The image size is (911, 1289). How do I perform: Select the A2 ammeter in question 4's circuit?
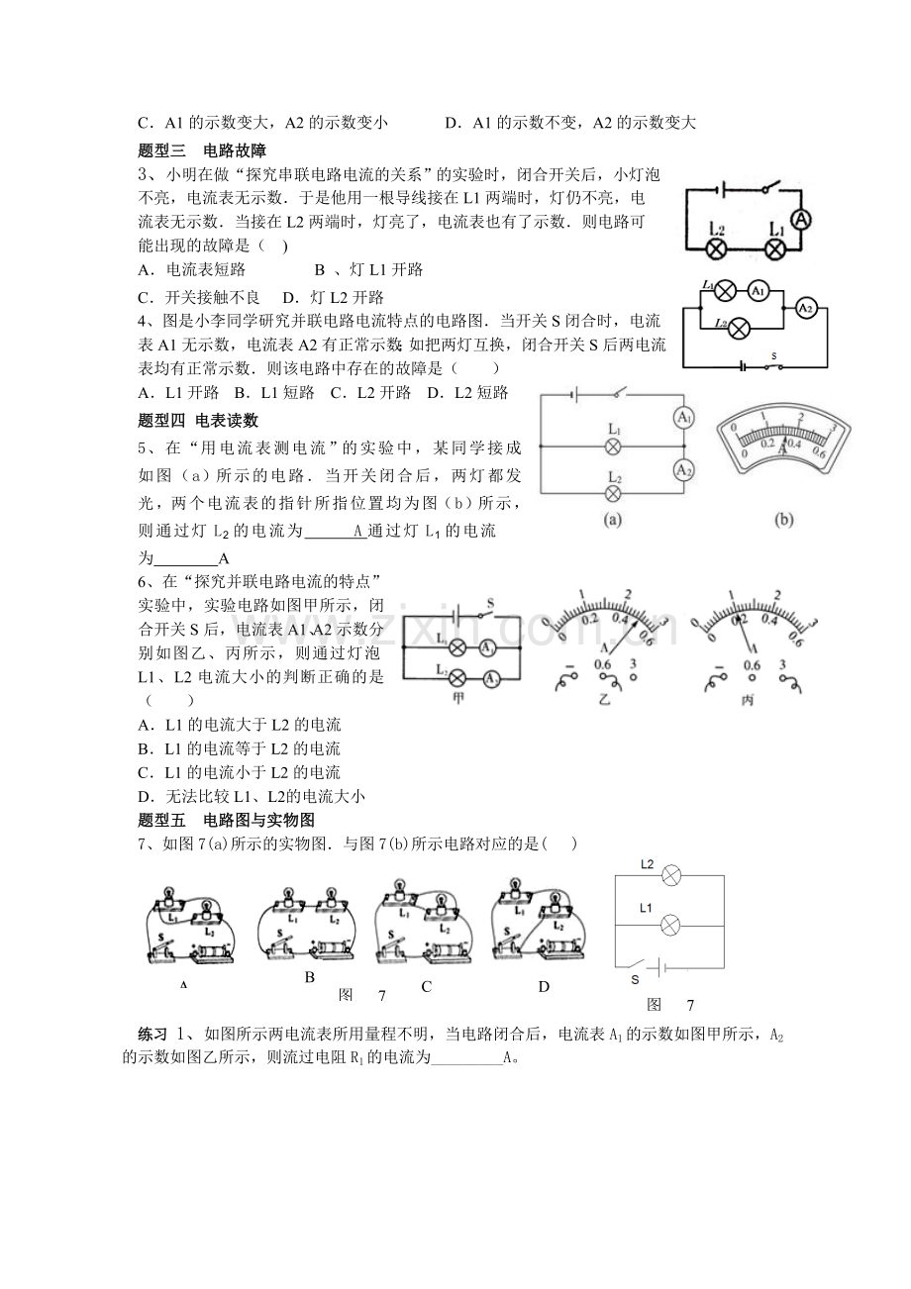click(x=805, y=309)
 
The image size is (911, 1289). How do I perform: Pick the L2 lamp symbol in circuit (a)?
click(x=613, y=492)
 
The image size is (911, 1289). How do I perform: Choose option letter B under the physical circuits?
click(x=309, y=977)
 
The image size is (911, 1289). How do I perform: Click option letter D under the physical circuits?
click(x=543, y=986)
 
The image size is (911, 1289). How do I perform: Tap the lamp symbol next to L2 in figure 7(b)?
click(x=670, y=875)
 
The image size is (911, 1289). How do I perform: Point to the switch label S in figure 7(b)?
click(x=636, y=979)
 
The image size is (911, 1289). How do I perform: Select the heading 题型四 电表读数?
click(x=198, y=420)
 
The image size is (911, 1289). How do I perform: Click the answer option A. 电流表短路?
click(x=192, y=269)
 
